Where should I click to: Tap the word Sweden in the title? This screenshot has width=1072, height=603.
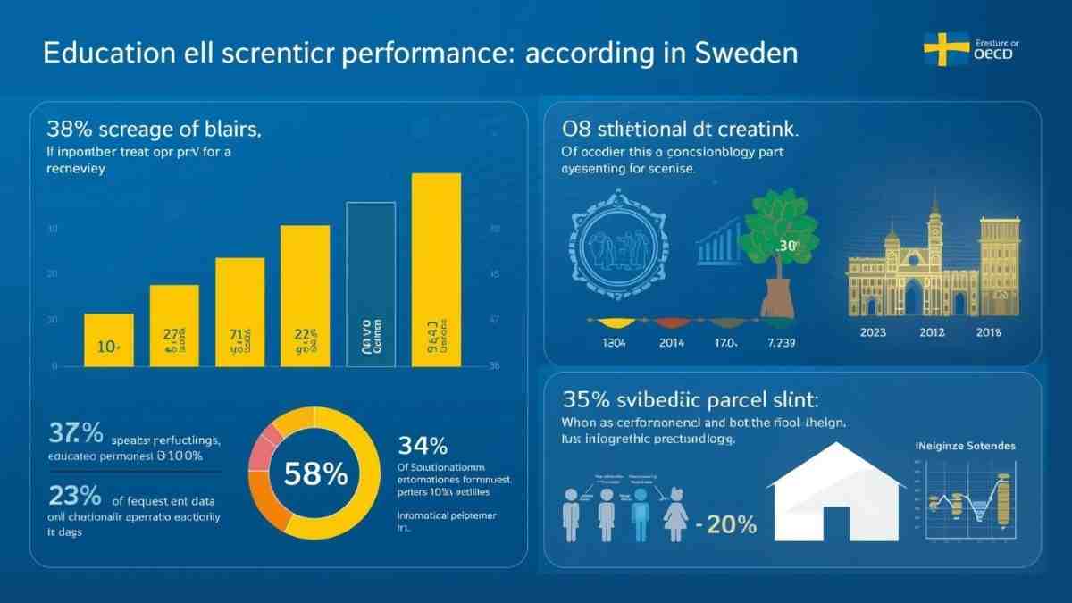coord(745,53)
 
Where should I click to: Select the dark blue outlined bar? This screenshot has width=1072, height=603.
coord(371,284)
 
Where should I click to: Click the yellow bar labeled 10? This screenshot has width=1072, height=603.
coord(108,339)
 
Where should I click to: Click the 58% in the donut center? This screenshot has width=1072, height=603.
coord(315,474)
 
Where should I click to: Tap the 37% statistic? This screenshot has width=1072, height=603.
coord(75,434)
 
